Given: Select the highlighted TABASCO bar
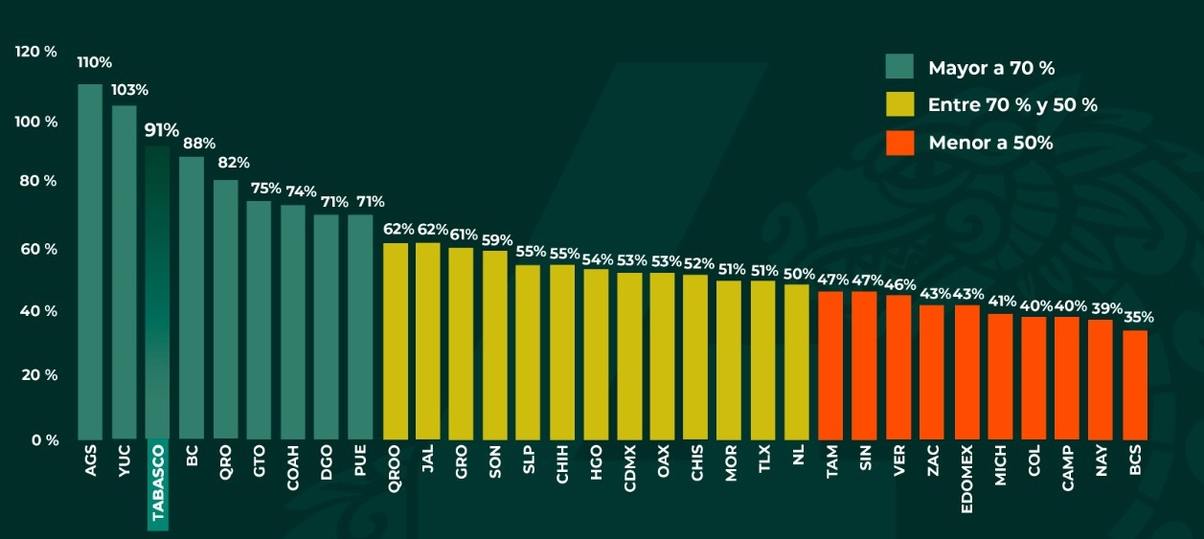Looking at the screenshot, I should (x=157, y=293).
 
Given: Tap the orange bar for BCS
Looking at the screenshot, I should (x=1135, y=385).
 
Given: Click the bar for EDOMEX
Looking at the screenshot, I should (x=967, y=372).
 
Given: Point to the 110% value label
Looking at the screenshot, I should (x=95, y=62).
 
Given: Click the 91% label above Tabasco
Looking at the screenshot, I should (x=162, y=130).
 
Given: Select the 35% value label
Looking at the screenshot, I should (x=1139, y=317).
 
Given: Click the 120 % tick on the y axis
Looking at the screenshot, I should (x=36, y=52).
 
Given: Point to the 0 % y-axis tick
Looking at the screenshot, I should (x=44, y=440).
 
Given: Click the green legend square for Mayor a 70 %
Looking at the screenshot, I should (x=898, y=67).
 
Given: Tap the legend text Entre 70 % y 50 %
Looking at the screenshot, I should (x=1012, y=105).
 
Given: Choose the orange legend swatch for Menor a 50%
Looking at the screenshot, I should (x=898, y=143).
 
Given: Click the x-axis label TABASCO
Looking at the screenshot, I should (x=158, y=485).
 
